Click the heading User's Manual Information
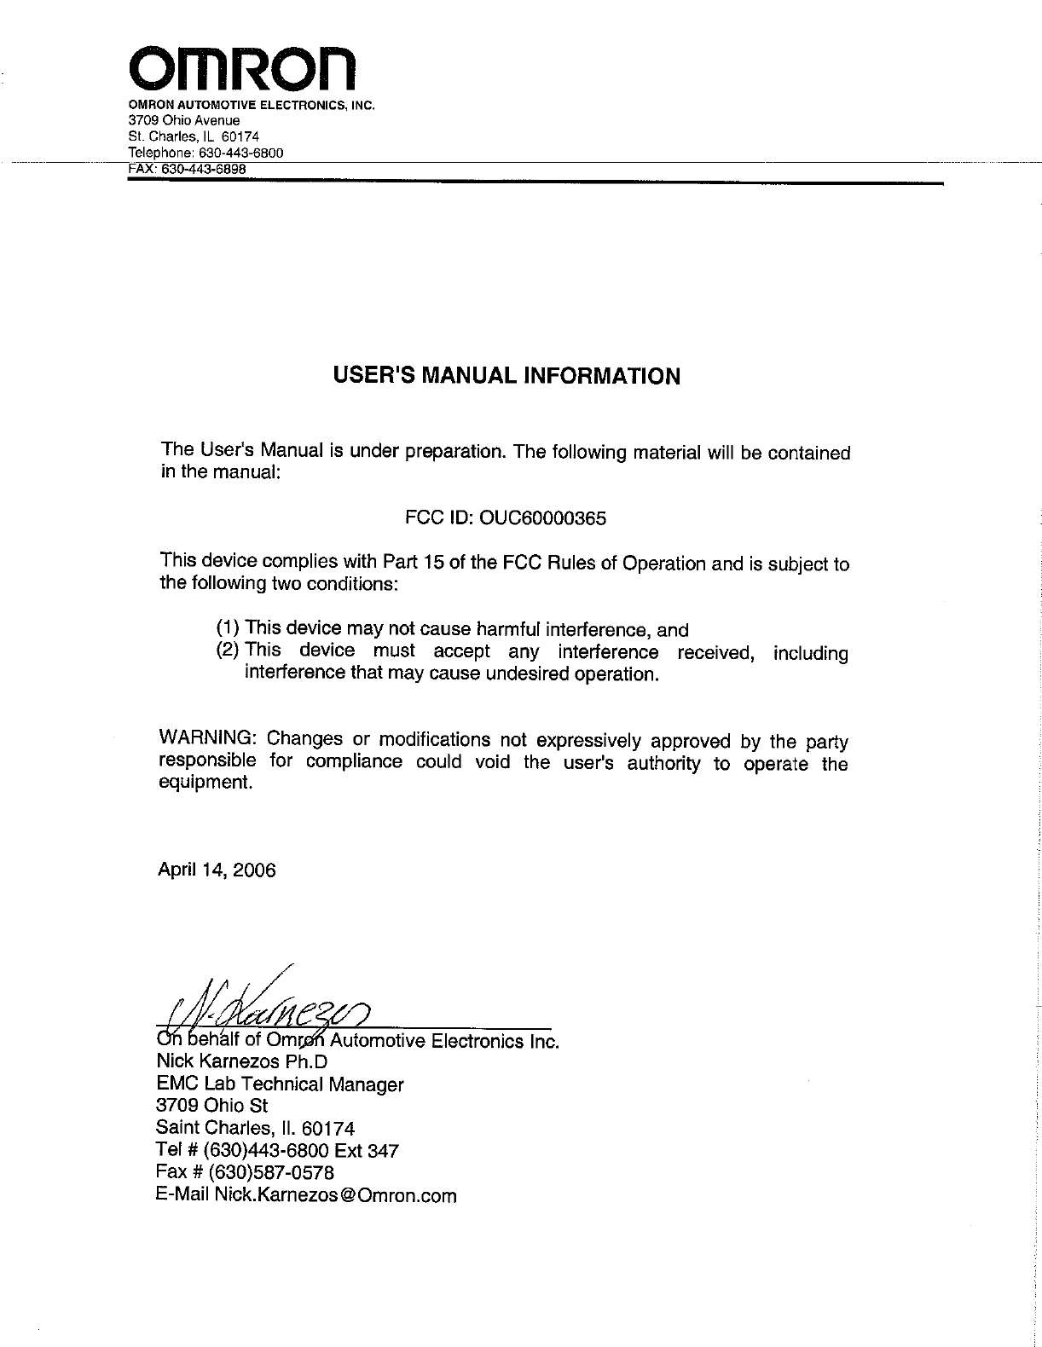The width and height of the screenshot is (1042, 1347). tap(506, 376)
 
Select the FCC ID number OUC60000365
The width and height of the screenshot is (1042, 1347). tap(543, 518)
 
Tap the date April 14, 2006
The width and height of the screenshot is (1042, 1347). tap(217, 870)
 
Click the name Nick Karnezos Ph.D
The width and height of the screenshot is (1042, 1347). tap(242, 1062)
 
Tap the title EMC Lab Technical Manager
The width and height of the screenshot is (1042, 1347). tap(281, 1084)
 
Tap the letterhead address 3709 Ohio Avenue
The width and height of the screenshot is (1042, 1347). tap(183, 120)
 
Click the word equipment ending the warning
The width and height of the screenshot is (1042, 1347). tap(206, 783)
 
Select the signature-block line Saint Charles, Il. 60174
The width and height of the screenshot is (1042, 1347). tap(256, 1129)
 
